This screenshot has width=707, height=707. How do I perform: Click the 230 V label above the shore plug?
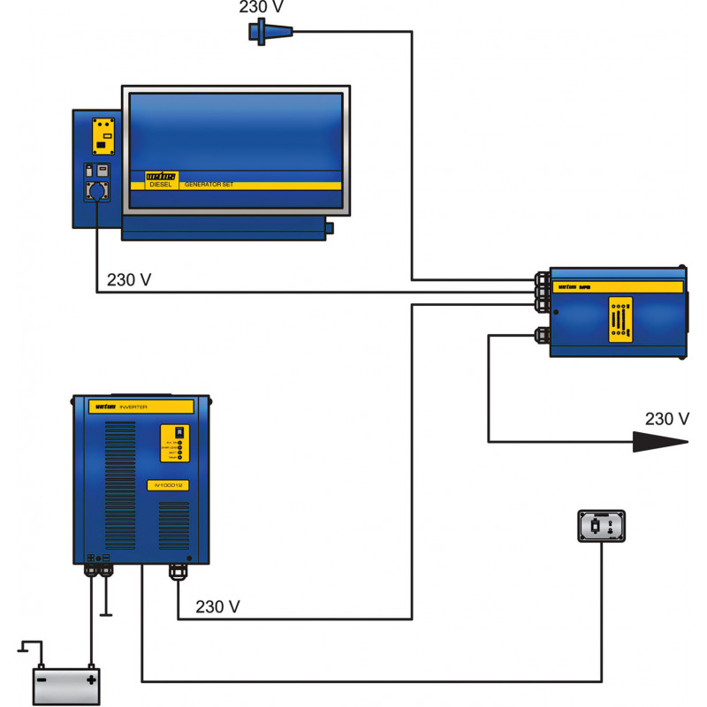click(x=261, y=8)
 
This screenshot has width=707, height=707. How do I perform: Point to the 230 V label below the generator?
click(x=129, y=279)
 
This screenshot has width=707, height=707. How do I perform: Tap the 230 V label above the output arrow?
click(x=666, y=419)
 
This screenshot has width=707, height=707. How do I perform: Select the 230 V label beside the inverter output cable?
click(x=217, y=607)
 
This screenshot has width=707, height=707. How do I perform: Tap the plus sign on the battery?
click(x=90, y=680)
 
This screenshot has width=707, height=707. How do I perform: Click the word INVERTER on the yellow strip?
click(x=133, y=407)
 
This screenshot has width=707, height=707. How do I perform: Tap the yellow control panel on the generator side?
click(x=104, y=136)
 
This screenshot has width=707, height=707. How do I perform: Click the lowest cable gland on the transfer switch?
click(x=539, y=335)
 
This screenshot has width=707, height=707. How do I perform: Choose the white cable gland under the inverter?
click(x=178, y=573)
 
